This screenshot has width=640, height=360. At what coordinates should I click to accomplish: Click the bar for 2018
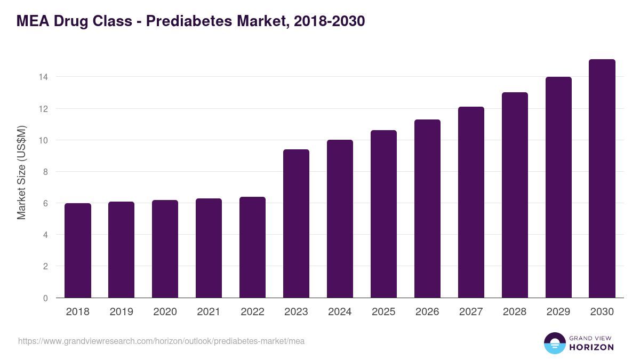(x=78, y=251)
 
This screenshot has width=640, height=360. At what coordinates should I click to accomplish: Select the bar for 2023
(x=296, y=224)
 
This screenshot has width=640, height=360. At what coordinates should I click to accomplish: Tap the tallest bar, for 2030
(x=602, y=179)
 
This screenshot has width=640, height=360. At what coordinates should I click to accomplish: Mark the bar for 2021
(x=209, y=248)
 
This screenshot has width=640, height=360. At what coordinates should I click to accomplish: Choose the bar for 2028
(x=515, y=195)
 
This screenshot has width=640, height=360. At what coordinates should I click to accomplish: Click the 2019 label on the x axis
(x=122, y=312)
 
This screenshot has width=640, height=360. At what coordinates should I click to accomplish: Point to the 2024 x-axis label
(x=340, y=312)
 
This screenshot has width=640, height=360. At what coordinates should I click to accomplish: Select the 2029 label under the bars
(x=558, y=312)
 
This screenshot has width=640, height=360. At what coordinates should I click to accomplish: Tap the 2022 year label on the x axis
(x=252, y=312)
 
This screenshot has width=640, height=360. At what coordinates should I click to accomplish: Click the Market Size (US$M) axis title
(x=21, y=172)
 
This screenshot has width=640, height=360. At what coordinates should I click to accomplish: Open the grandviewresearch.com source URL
(x=161, y=341)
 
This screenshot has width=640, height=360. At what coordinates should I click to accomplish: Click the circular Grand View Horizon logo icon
(x=555, y=343)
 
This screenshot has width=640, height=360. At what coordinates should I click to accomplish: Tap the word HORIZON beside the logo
(x=592, y=347)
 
